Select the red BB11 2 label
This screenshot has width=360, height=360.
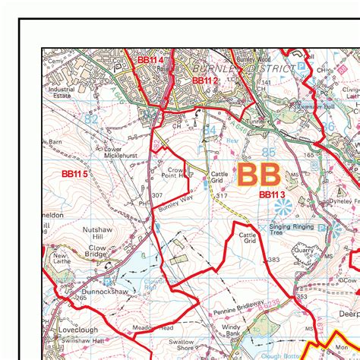point(205,80)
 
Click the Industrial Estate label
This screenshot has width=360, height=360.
point(62,93)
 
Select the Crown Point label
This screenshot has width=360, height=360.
point(176,172)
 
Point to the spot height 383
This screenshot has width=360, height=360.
point(273,261)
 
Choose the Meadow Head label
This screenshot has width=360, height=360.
point(156,328)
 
